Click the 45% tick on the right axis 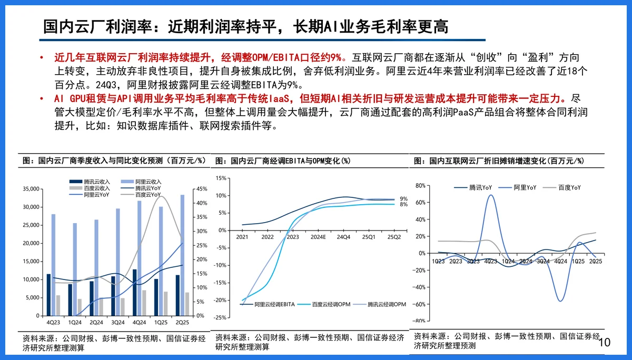click(x=201, y=189)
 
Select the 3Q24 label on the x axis click(x=117, y=322)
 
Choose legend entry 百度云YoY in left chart click(x=148, y=195)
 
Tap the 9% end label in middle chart click(x=403, y=198)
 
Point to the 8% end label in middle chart click(x=403, y=204)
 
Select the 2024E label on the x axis click(x=318, y=237)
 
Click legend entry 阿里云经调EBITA click(x=274, y=304)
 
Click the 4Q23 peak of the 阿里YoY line click(x=491, y=195)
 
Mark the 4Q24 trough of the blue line click(x=560, y=301)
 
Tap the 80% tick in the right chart click(x=420, y=186)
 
